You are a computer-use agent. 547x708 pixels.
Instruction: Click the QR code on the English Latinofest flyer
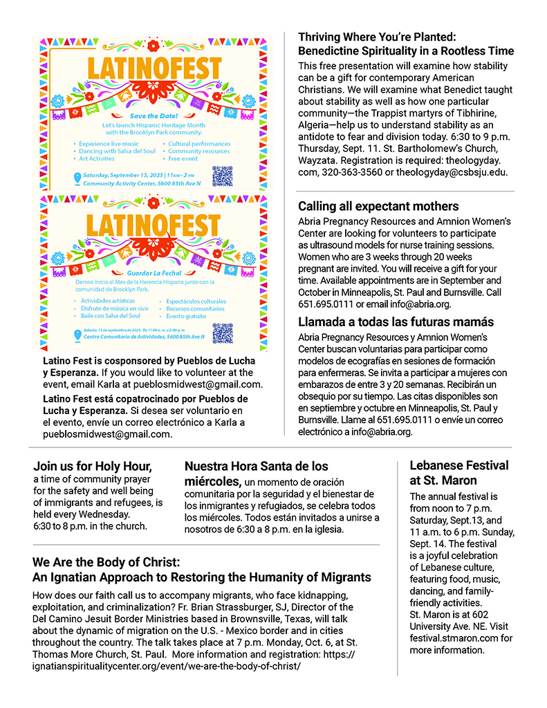(223, 176)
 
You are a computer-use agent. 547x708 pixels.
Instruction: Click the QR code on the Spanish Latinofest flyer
(223, 333)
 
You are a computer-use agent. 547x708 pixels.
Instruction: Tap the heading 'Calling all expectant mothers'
(378, 206)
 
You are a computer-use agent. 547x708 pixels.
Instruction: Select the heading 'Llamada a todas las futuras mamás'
(396, 322)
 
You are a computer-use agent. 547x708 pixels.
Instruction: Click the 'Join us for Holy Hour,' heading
(93, 466)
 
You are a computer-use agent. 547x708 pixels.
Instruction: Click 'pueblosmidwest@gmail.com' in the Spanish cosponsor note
(106, 434)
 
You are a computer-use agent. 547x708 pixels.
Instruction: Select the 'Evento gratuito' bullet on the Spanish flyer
(186, 317)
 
